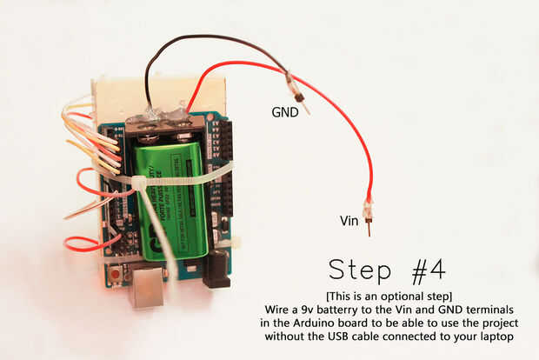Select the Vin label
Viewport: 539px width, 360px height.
click(x=349, y=221)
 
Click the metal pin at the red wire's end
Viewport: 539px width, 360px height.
click(x=369, y=228)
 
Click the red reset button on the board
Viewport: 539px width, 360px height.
click(x=115, y=275)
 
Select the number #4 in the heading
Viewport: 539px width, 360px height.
click(x=429, y=272)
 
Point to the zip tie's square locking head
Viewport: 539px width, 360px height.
click(x=137, y=183)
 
